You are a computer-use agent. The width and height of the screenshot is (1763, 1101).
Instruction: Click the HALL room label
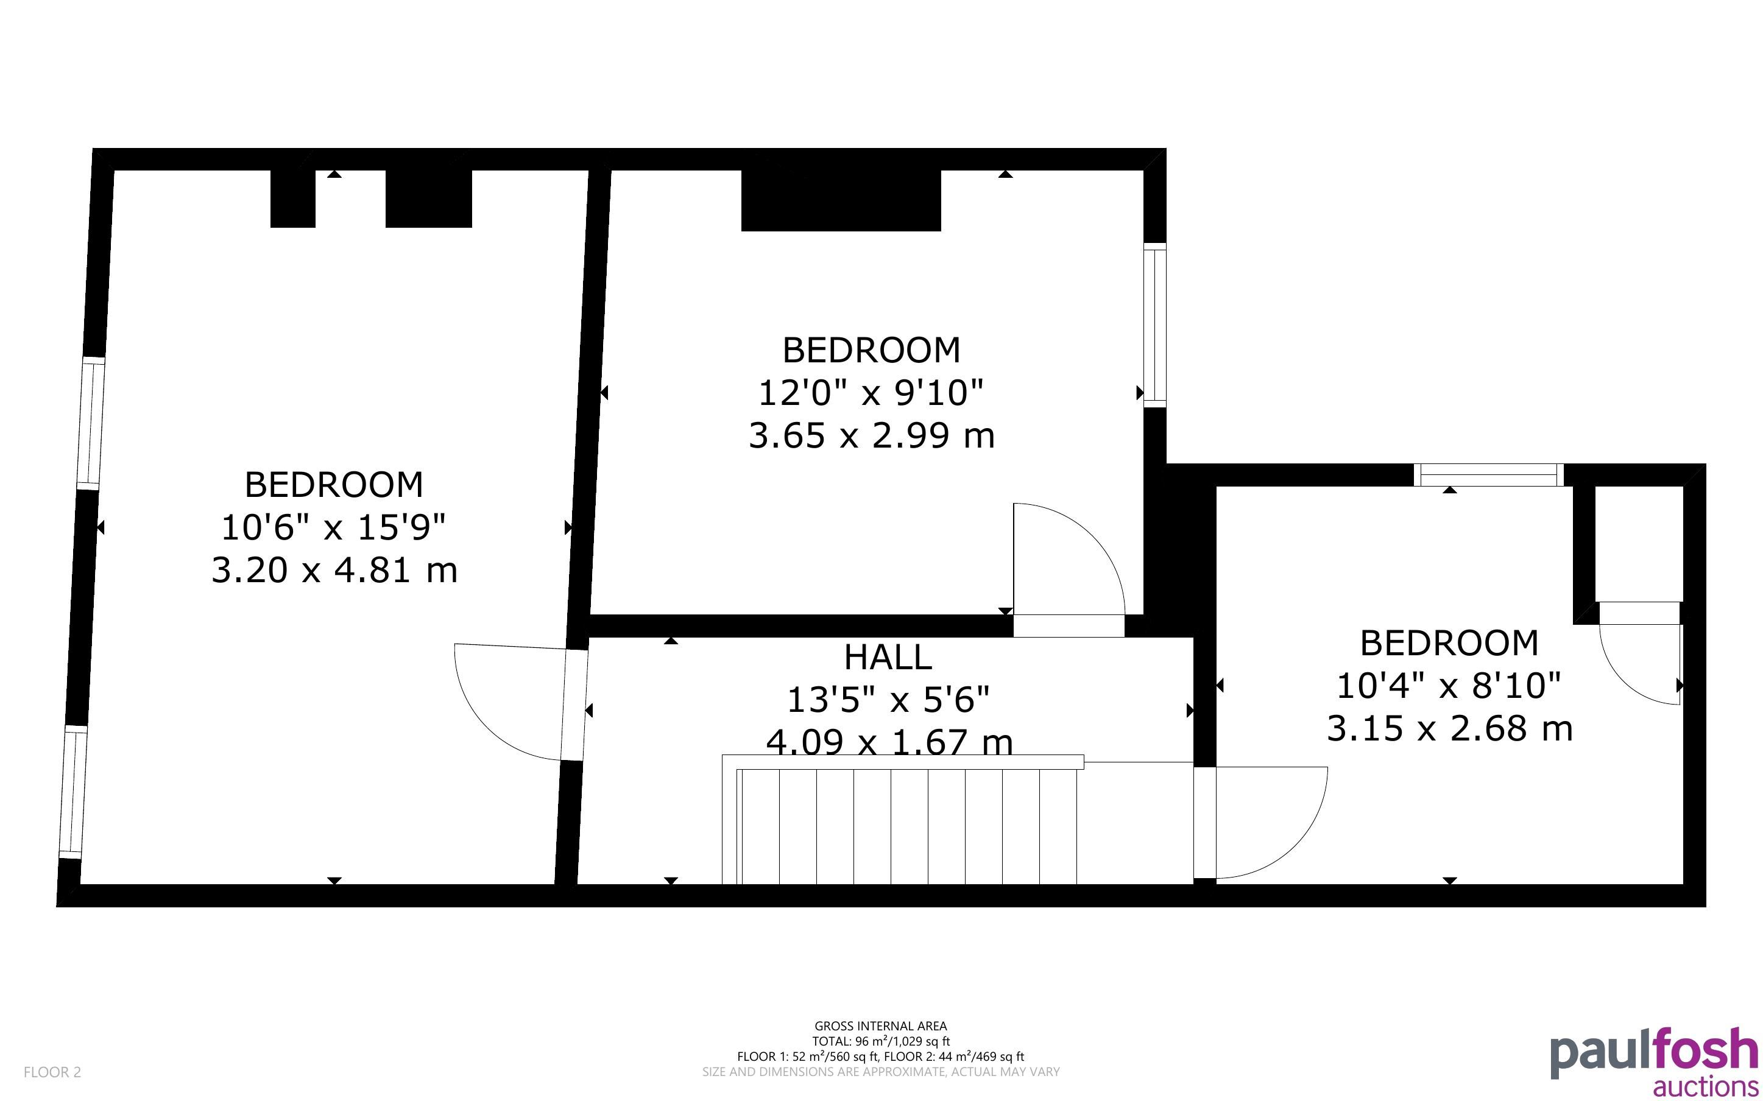click(888, 658)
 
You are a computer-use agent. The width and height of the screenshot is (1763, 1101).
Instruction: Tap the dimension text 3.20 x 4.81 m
click(334, 569)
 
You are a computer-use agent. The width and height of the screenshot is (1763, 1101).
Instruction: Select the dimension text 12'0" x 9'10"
click(871, 393)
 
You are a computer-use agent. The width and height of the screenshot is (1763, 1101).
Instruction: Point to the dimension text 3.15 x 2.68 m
click(1449, 728)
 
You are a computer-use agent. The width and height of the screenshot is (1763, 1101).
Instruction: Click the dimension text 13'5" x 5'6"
click(888, 700)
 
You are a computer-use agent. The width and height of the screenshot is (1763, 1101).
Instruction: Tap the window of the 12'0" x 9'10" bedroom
click(1155, 325)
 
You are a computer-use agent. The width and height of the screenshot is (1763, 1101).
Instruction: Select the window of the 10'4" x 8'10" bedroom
click(1488, 475)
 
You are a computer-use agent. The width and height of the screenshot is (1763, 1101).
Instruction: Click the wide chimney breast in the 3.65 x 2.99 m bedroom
click(841, 200)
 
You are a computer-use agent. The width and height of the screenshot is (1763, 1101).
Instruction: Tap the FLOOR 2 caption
click(52, 1072)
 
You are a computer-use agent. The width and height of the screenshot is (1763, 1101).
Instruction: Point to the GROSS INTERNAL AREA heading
click(880, 1026)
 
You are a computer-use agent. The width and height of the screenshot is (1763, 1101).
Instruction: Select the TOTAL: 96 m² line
click(881, 1041)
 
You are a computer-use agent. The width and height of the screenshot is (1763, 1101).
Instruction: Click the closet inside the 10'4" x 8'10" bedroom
click(1639, 543)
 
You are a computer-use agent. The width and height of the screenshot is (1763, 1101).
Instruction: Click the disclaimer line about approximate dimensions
click(880, 1072)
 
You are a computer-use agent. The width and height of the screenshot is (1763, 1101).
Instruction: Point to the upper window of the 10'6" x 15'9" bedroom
click(91, 423)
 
